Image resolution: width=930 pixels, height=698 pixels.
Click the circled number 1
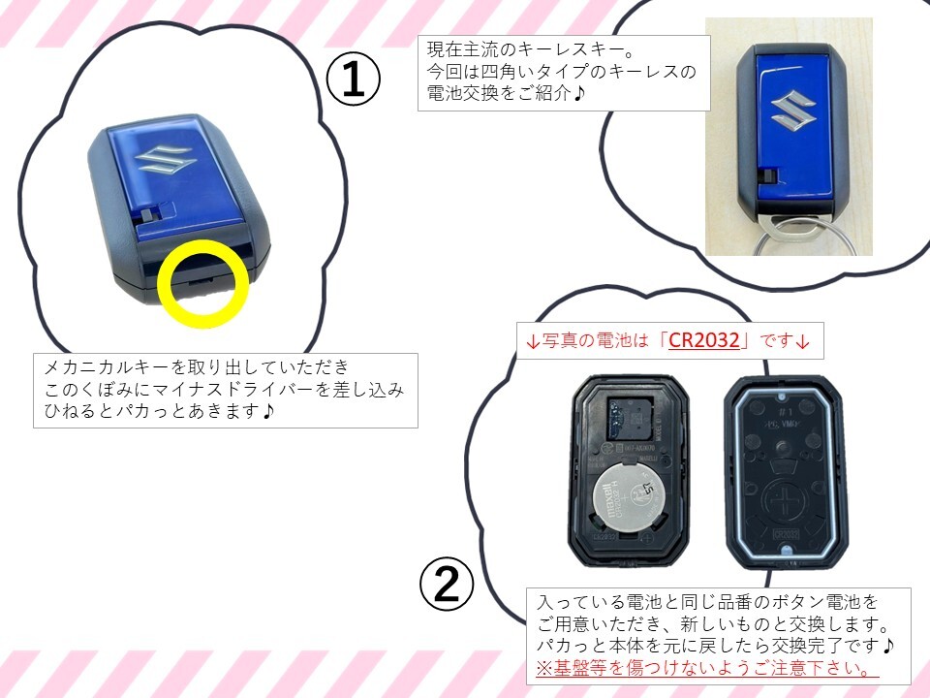pyautogui.click(x=355, y=79)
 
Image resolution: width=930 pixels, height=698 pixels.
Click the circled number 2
pyautogui.click(x=447, y=585)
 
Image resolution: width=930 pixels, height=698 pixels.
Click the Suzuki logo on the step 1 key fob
pyautogui.click(x=165, y=160)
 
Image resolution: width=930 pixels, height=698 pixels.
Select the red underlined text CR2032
pyautogui.click(x=704, y=340)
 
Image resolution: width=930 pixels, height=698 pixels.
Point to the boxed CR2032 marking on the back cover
pyautogui.click(x=786, y=533)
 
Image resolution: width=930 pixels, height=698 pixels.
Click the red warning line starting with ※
pyautogui.click(x=706, y=668)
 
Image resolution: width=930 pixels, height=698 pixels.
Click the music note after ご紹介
pyautogui.click(x=579, y=93)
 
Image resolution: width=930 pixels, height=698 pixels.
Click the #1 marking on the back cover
pyautogui.click(x=786, y=411)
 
